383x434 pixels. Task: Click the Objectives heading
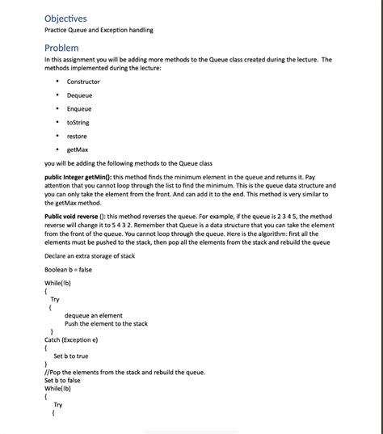[x=65, y=18]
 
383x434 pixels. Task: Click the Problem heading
[x=61, y=48]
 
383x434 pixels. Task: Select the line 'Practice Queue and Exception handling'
[x=99, y=31]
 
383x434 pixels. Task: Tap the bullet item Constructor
[x=83, y=82]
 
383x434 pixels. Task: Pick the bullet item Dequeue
[x=79, y=95]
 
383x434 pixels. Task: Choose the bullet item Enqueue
[x=79, y=109]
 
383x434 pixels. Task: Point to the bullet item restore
[x=77, y=136]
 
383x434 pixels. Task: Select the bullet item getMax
[x=78, y=150]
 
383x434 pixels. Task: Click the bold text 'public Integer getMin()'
[x=78, y=175]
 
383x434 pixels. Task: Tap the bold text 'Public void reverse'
[x=74, y=217]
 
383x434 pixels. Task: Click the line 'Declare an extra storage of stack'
[x=90, y=256]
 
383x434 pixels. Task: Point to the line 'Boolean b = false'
[x=68, y=269]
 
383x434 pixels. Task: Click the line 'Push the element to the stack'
[x=106, y=323]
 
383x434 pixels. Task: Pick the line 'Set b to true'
[x=71, y=356]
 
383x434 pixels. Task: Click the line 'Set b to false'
[x=62, y=380]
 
